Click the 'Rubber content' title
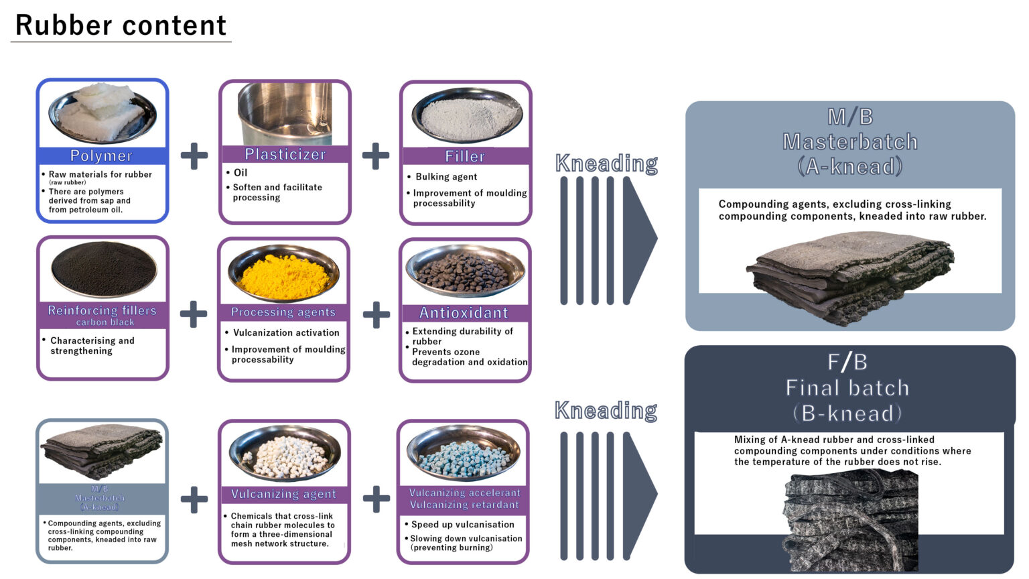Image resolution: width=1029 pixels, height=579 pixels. pyautogui.click(x=121, y=25)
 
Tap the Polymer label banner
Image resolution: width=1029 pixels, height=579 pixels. pyautogui.click(x=101, y=155)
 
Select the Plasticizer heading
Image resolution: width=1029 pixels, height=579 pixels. pyautogui.click(x=285, y=154)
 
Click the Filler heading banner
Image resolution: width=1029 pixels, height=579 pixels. pyautogui.click(x=465, y=156)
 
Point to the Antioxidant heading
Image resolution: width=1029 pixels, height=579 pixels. pyautogui.click(x=464, y=313)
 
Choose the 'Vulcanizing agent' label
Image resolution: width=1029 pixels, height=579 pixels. pyautogui.click(x=283, y=494)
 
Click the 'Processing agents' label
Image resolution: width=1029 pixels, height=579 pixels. pyautogui.click(x=283, y=312)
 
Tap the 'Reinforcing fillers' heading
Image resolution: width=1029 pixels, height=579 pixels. pyautogui.click(x=102, y=310)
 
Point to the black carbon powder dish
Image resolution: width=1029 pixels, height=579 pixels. pyautogui.click(x=104, y=270)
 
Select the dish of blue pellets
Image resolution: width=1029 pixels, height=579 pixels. pyautogui.click(x=463, y=453)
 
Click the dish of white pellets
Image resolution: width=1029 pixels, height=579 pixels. pyautogui.click(x=284, y=454)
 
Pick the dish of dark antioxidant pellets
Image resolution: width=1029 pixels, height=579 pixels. pyautogui.click(x=464, y=271)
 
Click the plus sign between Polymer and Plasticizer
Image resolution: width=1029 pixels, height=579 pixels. pyautogui.click(x=194, y=155)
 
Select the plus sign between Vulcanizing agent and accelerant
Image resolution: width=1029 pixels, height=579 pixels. pyautogui.click(x=376, y=499)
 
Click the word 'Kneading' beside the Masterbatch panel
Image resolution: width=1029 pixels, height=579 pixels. pyautogui.click(x=606, y=163)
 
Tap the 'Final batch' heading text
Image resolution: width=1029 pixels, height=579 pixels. pyautogui.click(x=847, y=387)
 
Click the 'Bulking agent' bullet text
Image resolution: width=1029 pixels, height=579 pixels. pyautogui.click(x=446, y=177)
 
